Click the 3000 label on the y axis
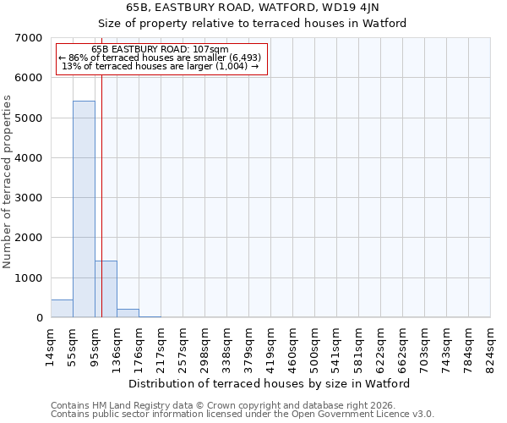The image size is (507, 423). pos(32,198)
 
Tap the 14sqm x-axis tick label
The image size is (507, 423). pos(52,344)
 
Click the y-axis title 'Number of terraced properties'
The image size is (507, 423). pos(8,182)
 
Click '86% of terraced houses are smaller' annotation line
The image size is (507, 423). pos(161,58)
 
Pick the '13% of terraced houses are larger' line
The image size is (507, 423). pos(161,66)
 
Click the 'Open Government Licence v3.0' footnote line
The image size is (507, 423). pos(243,414)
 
